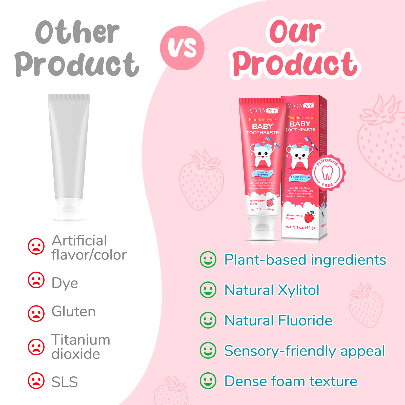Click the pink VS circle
pos(182,48)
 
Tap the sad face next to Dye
pos(36,280)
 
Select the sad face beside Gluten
pos(36,313)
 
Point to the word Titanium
pos(81,340)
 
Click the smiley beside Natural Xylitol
pos(208,290)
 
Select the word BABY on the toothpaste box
pos(300,124)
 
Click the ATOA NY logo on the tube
pos(263,111)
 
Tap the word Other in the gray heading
pos(77,32)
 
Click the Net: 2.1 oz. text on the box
pos(300,227)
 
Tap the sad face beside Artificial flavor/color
pos(36,246)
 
